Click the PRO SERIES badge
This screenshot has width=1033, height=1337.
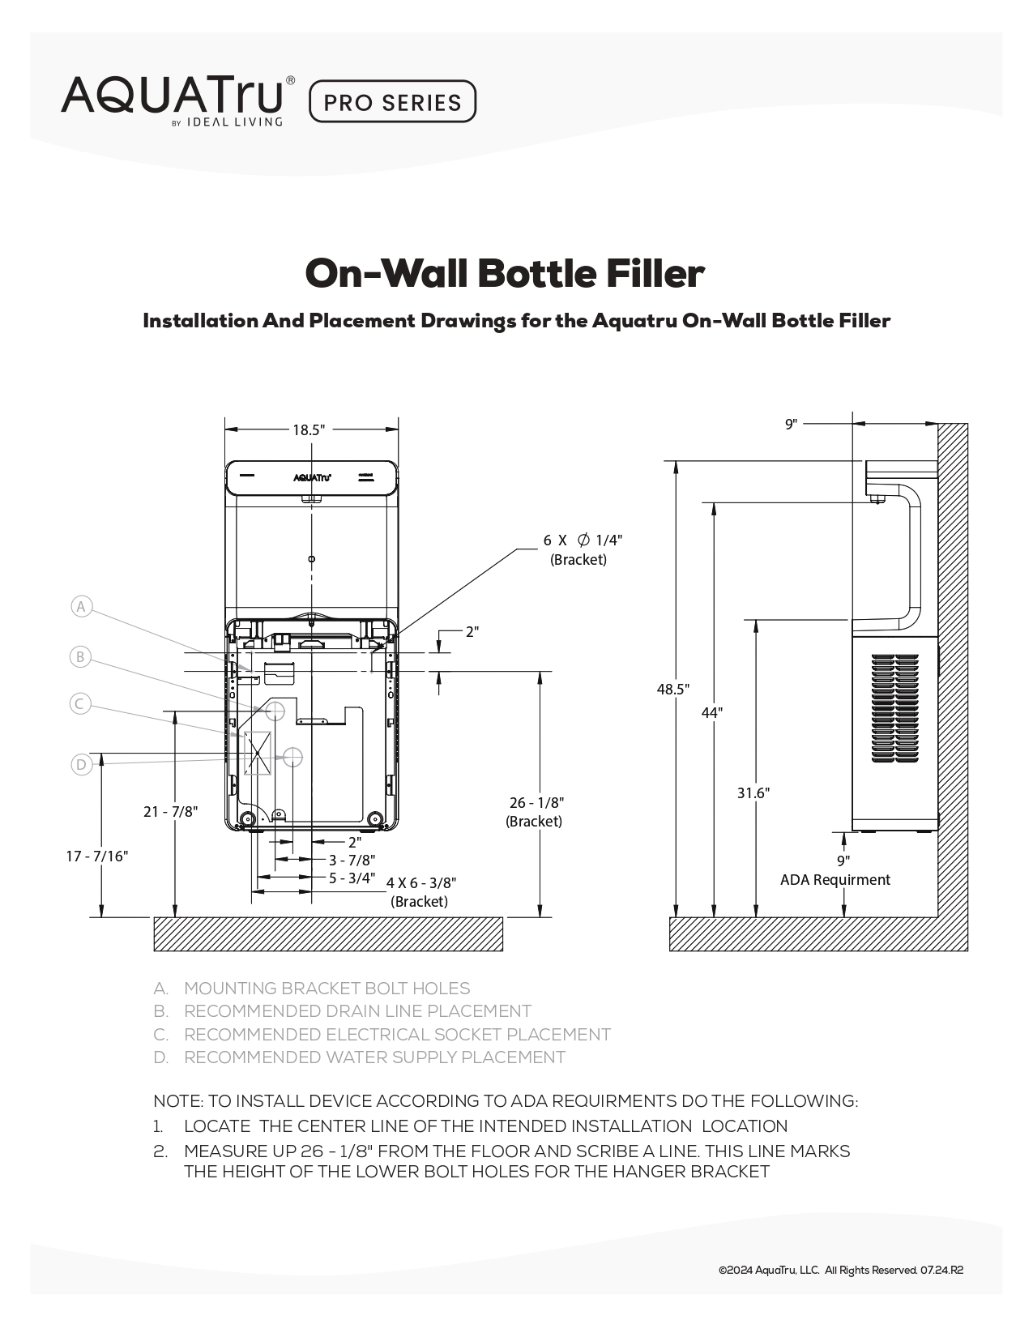coord(392,102)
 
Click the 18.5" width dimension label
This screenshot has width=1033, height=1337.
coord(309,430)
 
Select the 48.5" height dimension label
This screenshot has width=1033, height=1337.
coord(673,690)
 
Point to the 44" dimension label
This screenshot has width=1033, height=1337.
coord(712,713)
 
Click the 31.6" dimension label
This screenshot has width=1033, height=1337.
coord(753,793)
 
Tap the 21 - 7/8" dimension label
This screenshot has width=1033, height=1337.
coord(171,811)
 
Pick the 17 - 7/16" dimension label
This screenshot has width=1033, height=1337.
coord(97,856)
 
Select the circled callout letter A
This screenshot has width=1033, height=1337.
coord(81,607)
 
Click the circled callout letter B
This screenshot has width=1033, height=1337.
coord(80,657)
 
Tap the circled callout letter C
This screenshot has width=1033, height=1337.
coord(79,704)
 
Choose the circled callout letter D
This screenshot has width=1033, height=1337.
coord(81,764)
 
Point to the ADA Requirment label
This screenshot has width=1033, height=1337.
coord(835,880)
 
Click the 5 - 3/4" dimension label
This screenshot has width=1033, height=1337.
coord(352,878)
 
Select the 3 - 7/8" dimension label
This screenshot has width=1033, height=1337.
coord(352,860)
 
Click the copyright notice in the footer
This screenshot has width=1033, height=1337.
coord(840,1271)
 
